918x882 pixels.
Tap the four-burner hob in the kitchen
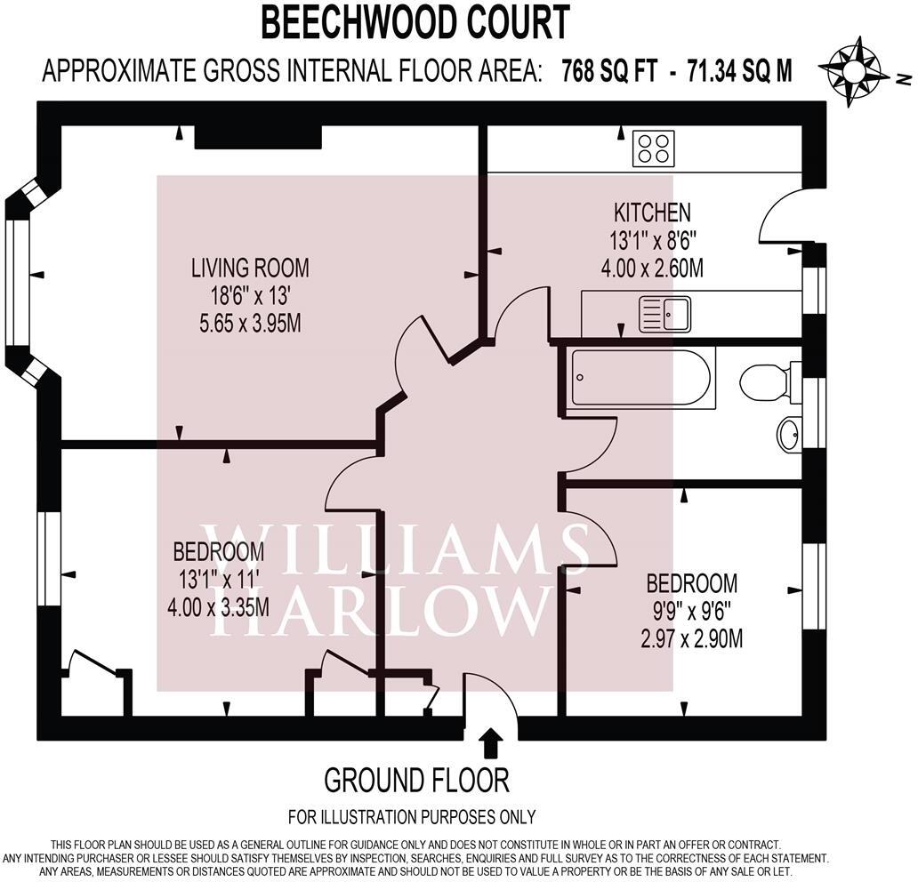pos(653,148)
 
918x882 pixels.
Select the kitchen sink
pos(664,314)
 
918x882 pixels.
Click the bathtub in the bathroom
pos(641,378)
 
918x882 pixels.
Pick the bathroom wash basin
pos(788,434)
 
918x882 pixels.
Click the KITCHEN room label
pos(652,213)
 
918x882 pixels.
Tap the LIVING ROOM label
pos(250,267)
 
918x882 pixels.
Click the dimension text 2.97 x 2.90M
pos(692,638)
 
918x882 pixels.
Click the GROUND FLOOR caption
pos(416,781)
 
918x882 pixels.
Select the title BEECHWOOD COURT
pos(415,22)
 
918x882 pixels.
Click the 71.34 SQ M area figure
pos(739,71)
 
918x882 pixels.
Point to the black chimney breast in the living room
pos(257,137)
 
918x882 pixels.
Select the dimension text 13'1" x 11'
pos(218,580)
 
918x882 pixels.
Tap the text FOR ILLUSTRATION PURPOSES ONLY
pos(412,816)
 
